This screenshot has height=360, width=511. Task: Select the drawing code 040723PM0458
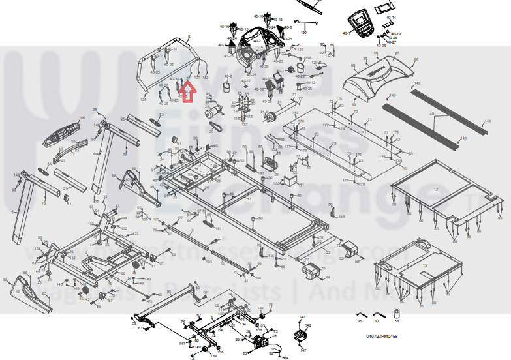point(382,337)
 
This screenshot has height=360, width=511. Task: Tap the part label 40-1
point(346,32)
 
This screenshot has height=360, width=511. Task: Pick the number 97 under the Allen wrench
point(377,321)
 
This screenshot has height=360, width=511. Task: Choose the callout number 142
point(309,325)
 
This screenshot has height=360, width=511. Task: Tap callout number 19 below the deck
point(405,168)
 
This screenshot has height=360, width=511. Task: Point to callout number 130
point(303,32)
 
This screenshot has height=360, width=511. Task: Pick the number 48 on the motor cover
point(397,53)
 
